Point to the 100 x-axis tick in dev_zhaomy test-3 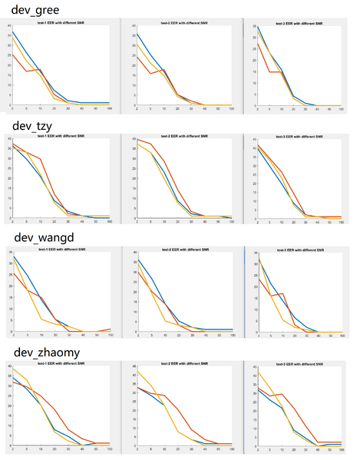pos(341,450)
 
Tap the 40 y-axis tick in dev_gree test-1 pos(8,27)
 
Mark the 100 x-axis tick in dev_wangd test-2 pos(231,336)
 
